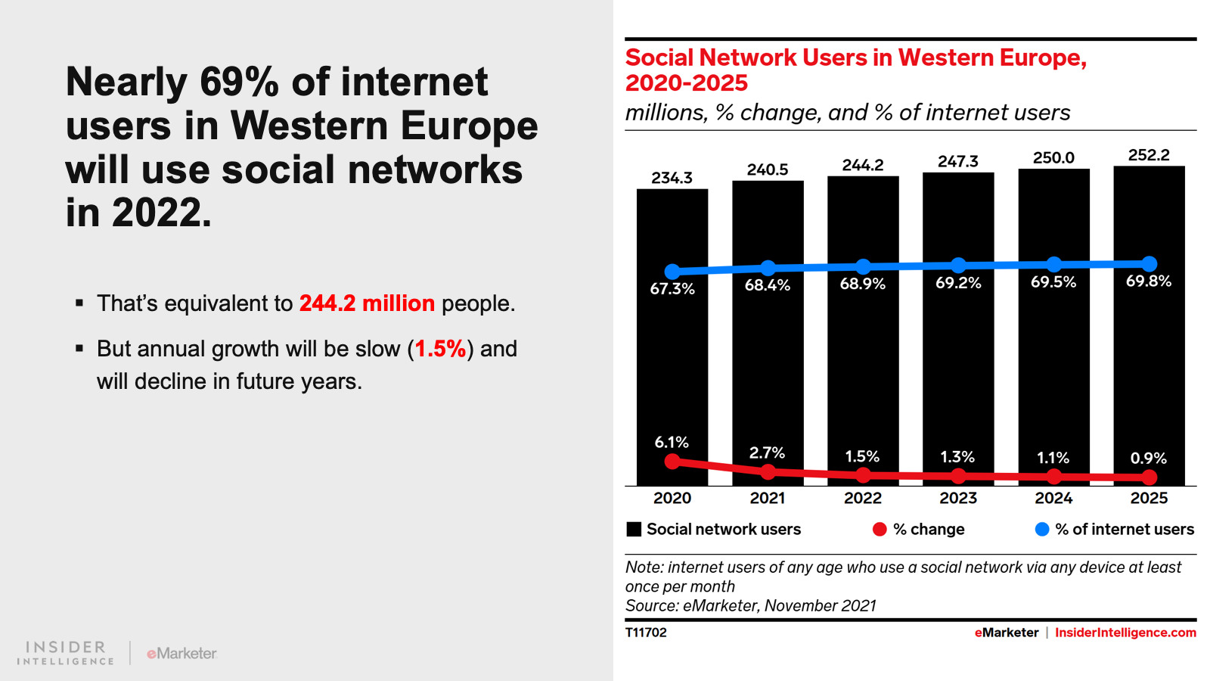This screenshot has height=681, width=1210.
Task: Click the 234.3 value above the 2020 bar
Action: tap(672, 178)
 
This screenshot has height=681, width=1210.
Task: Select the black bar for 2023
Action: tap(957, 363)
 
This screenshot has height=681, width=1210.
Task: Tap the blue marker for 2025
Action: tap(1149, 263)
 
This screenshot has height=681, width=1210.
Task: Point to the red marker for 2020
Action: tap(672, 461)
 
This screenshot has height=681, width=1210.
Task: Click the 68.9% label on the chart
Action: tap(862, 284)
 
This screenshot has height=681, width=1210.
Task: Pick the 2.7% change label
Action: tap(767, 452)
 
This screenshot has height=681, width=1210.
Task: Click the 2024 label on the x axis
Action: tap(1053, 498)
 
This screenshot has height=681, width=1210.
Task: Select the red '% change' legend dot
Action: tap(879, 530)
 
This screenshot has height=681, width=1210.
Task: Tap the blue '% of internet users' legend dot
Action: tap(1041, 530)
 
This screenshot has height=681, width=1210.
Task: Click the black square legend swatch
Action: tap(634, 530)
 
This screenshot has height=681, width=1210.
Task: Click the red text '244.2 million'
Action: tap(367, 303)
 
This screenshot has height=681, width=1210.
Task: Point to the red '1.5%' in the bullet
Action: tap(440, 349)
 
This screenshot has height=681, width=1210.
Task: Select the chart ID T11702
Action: tap(646, 633)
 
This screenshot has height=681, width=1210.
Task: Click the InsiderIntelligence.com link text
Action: tap(1125, 633)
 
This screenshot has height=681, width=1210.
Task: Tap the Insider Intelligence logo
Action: tap(66, 653)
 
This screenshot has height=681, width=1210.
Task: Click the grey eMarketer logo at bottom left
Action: tap(181, 653)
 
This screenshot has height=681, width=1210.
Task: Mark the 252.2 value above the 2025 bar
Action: tap(1149, 155)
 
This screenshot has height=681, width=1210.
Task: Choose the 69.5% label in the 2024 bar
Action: tap(1053, 282)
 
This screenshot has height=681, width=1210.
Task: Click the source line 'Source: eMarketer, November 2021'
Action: tap(750, 605)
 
